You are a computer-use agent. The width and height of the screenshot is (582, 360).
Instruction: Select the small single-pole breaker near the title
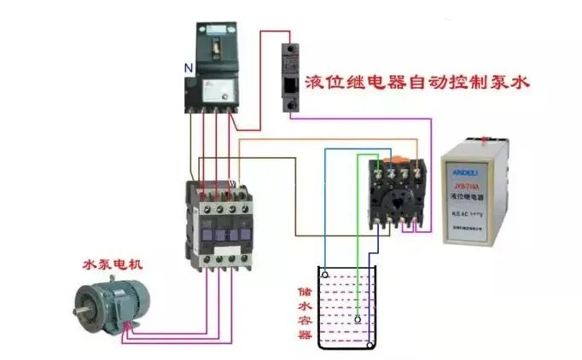(x=290, y=76)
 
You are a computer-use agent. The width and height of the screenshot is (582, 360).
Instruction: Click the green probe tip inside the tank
(x=358, y=322)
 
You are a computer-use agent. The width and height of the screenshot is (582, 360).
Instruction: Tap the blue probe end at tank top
(x=325, y=276)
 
